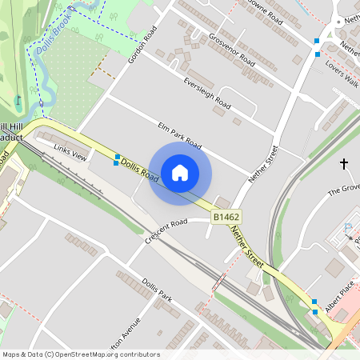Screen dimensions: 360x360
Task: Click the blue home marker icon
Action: pyautogui.click(x=180, y=172)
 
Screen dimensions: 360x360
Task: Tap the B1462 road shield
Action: pyautogui.click(x=226, y=217)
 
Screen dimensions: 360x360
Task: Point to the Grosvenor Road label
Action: pyautogui.click(x=231, y=50)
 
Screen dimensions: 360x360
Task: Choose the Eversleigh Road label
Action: pyautogui.click(x=206, y=94)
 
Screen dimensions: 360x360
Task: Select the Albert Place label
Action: pyautogui.click(x=338, y=289)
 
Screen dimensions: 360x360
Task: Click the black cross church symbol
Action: pyautogui.click(x=345, y=164)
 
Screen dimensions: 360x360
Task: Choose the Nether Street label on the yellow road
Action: pyautogui.click(x=247, y=246)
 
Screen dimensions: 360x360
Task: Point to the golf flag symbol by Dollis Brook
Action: pyautogui.click(x=18, y=102)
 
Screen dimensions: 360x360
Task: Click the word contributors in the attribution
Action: pyautogui.click(x=138, y=354)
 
